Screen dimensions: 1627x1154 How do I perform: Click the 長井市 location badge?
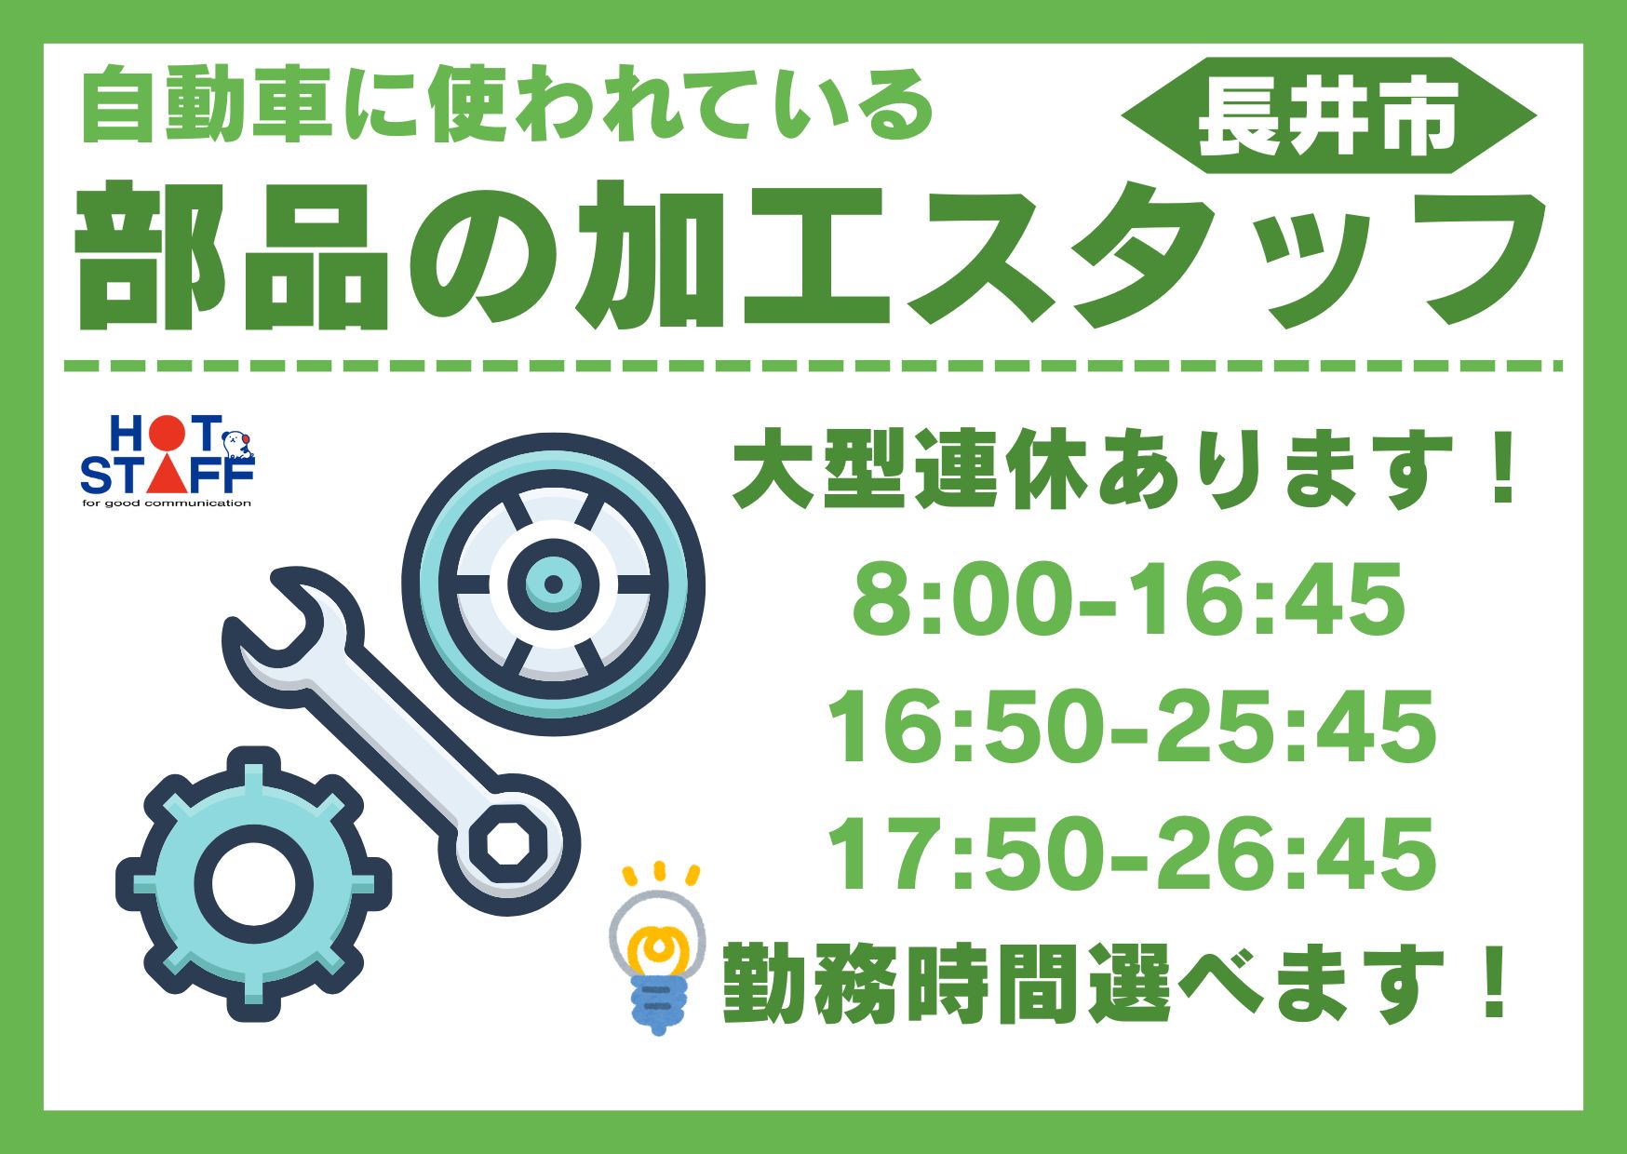1328,115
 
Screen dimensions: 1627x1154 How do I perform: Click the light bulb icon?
657,949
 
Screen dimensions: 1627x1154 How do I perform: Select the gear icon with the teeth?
253,883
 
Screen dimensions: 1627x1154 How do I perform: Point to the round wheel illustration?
553,584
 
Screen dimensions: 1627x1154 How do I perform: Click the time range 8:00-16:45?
1128,597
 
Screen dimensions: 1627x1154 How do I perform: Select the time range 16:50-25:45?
1132,726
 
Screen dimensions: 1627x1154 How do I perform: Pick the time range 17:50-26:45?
1132,853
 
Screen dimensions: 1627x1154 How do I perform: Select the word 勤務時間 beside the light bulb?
901,983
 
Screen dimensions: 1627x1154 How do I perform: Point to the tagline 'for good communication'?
167,503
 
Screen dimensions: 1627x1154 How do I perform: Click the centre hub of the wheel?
553,584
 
